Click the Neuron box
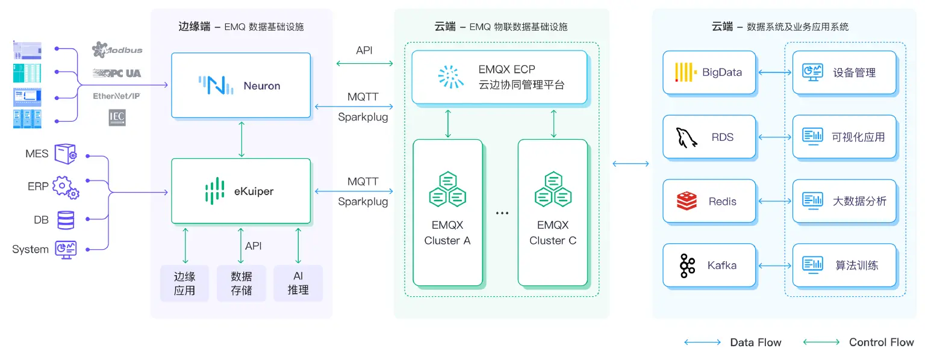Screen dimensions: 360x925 coord(241,85)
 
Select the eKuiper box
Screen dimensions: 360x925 coord(241,191)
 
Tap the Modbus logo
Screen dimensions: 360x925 coord(117,50)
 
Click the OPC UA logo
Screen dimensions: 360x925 coord(117,73)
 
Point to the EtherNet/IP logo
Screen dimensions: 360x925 coord(117,96)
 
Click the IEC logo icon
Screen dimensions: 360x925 coord(117,117)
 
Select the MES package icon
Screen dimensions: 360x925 coord(66,154)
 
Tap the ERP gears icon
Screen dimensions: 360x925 coord(66,187)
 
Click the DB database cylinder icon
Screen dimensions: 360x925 coord(66,220)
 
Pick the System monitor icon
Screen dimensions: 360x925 coord(66,249)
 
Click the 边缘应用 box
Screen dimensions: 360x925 coord(184,284)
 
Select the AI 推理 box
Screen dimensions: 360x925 coord(298,284)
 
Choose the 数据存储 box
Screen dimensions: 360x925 coord(241,284)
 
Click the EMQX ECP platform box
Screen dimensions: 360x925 coord(499,76)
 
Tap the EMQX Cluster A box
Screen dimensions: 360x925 coord(447,213)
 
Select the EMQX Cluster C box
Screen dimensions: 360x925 coord(553,213)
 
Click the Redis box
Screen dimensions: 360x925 coord(709,201)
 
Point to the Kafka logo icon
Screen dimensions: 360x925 coord(687,265)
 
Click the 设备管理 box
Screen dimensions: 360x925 coord(844,73)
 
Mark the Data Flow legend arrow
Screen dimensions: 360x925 coord(702,342)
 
